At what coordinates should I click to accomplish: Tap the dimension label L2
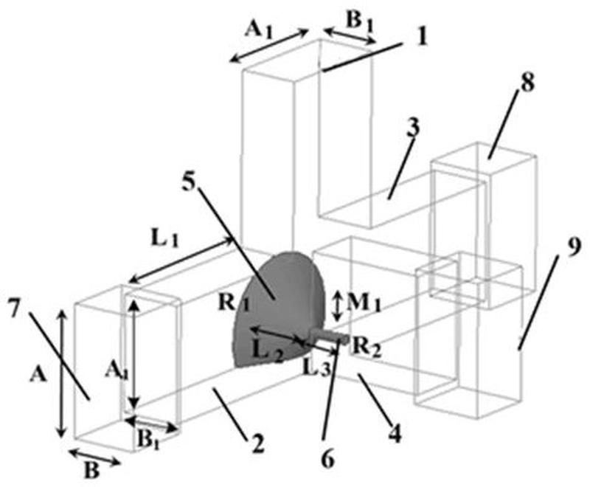pos(269,354)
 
